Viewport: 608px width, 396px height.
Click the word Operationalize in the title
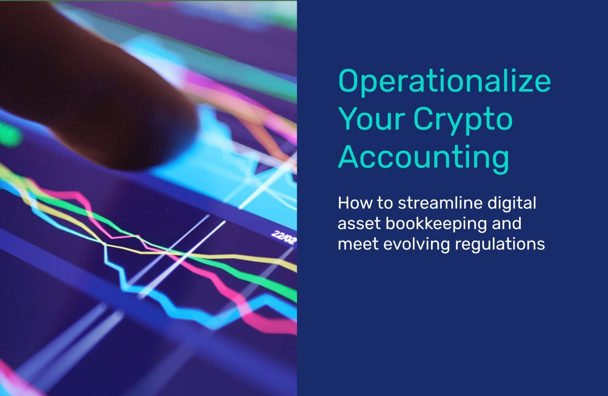coord(445,82)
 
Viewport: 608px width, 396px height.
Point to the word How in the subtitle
coord(355,203)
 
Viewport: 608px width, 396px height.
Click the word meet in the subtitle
coord(358,244)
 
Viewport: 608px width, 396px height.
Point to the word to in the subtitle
coord(385,204)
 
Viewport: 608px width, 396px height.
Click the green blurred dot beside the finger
coord(10,135)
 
